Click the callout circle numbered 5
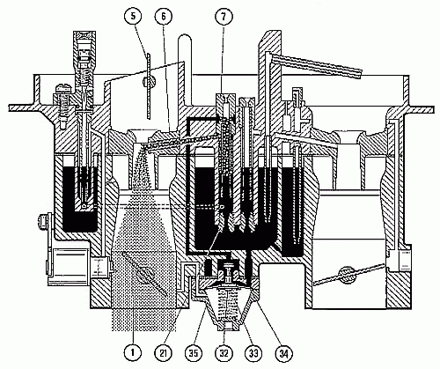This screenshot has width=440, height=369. pos(134,17)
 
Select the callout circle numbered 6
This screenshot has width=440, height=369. pos(164,17)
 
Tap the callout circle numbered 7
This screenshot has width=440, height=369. pos(224,17)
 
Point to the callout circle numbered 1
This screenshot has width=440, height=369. pos(132,353)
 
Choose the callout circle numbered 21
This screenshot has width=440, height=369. pos(164,353)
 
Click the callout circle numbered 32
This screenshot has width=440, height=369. pos(224,353)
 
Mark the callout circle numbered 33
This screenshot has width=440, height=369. pos(253,353)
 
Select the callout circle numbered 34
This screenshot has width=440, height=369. pos(282,353)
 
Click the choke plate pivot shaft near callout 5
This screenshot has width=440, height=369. pos(149,81)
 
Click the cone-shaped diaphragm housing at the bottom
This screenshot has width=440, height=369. pos(225,306)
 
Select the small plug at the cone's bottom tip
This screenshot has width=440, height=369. pos(226,325)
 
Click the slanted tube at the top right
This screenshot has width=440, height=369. pos(316,66)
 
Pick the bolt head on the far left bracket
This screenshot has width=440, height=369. pos(42,221)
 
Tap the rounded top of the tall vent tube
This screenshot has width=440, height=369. pos(185,38)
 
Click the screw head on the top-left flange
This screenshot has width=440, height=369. pos(63,87)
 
